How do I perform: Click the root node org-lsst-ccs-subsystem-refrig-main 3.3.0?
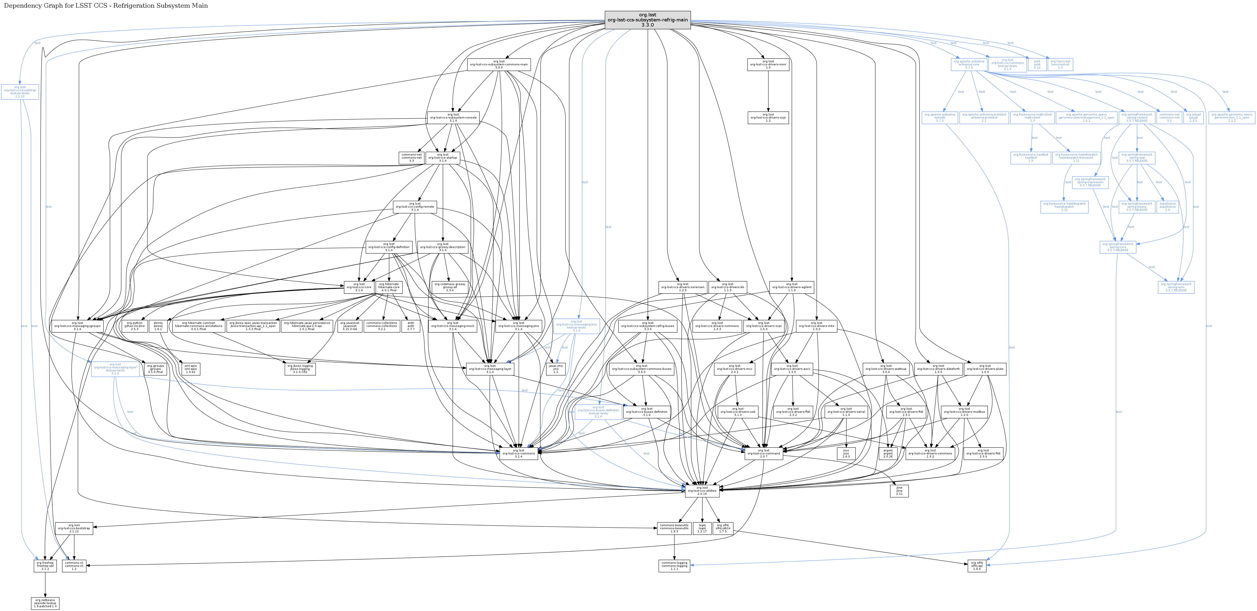648,20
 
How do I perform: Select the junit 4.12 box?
1037,64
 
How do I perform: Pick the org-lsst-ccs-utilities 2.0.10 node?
702,490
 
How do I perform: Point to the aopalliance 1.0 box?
1167,206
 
